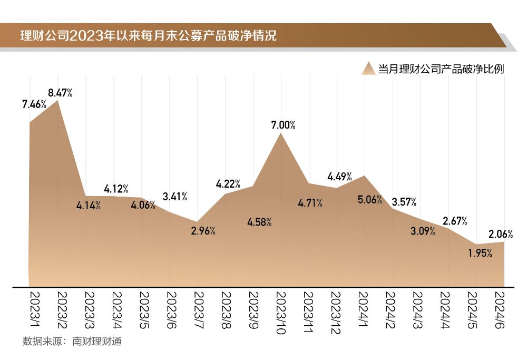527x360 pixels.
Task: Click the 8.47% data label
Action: pos(60,93)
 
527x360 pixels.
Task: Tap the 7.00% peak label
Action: pos(283,125)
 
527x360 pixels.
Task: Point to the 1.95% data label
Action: pos(480,253)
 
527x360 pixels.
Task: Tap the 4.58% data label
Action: pos(259,222)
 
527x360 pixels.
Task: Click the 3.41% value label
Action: pos(175,197)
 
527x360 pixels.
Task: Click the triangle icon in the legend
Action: pos(369,69)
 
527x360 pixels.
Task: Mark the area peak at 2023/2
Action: pos(57,101)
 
